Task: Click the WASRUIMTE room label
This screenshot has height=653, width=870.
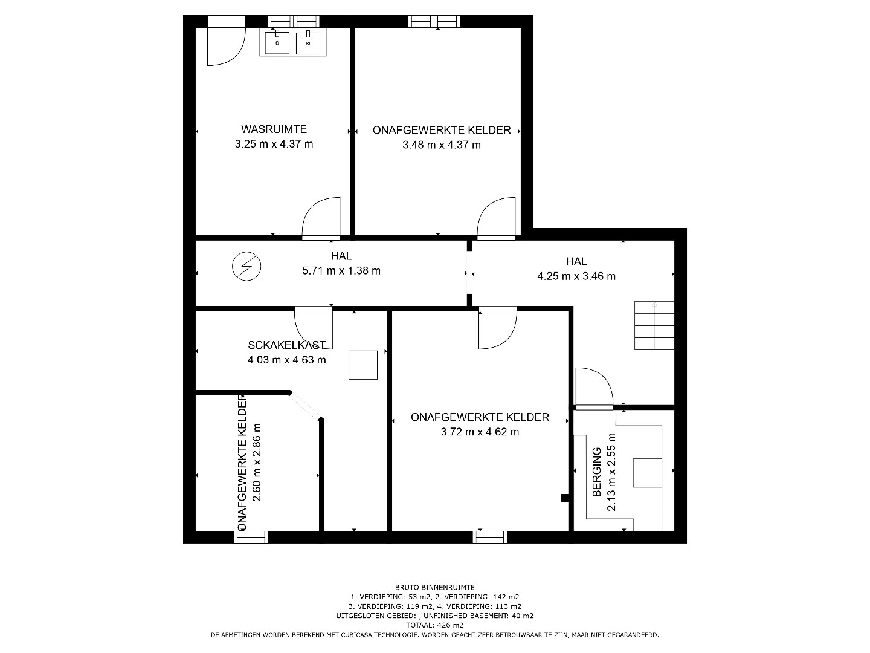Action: pos(274,129)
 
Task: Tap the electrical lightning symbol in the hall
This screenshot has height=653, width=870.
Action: pos(246,266)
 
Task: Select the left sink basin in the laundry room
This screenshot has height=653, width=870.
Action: pos(277,42)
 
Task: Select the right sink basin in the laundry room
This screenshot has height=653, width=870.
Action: pos(308,42)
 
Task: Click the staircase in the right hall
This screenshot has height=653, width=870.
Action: pos(654,325)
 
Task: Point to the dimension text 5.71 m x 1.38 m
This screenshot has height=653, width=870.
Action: pos(341,271)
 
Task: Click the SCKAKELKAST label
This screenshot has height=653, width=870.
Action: pos(286,345)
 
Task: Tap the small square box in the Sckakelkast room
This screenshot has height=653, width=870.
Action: pos(362,365)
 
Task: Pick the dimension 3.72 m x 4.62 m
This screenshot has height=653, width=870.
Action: pos(480,432)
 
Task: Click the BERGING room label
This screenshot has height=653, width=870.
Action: pos(596,472)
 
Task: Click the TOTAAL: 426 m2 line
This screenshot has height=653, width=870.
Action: pos(435,625)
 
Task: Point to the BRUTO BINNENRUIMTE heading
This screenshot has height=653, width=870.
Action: pos(435,588)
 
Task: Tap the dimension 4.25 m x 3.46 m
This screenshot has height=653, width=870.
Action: pos(576,276)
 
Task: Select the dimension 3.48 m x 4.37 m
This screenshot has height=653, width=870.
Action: pos(442,145)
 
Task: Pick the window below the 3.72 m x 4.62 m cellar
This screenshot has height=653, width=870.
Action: pos(490,538)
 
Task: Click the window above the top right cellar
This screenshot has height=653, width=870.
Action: pos(434,21)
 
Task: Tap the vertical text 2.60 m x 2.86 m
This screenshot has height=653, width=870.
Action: pos(257,463)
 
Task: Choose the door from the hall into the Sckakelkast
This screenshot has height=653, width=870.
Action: pos(313,327)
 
